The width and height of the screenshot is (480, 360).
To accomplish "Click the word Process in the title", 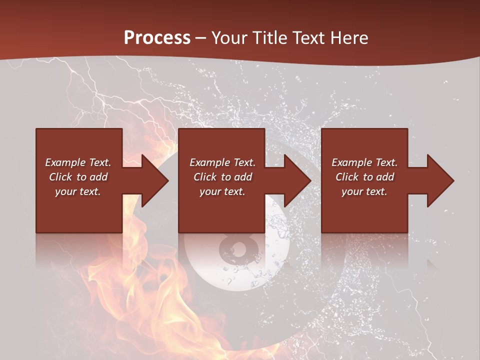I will (x=157, y=37).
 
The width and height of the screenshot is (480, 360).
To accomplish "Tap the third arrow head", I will (x=440, y=180).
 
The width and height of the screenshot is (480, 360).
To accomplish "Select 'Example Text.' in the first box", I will (x=78, y=162).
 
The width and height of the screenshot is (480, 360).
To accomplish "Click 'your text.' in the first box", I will (x=78, y=191).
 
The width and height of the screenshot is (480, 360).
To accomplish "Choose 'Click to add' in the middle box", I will (x=222, y=177).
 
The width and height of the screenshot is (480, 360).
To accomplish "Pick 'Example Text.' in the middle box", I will (x=222, y=162).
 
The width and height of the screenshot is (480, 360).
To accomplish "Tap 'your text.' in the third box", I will (x=364, y=191).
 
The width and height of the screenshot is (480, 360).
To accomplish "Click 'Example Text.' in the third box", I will (x=364, y=162).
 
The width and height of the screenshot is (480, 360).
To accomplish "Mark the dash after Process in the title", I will (x=201, y=38).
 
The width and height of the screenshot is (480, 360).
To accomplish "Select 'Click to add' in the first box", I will (x=78, y=177).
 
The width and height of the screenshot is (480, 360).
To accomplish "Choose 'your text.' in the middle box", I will (x=222, y=191).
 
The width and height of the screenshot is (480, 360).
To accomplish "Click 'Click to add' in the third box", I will (x=364, y=177).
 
